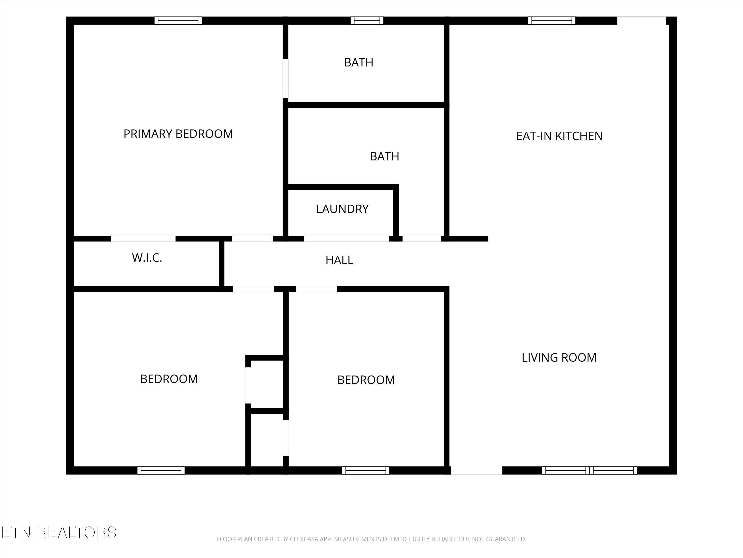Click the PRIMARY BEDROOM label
tap(178, 134)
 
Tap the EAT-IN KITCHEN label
tap(559, 136)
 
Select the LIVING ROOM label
tap(559, 357)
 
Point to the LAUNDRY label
tap(342, 209)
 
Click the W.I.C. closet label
tap(147, 258)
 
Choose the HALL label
tap(339, 260)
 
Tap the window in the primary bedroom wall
tap(178, 21)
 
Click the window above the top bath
tap(367, 21)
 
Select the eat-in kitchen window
tap(552, 21)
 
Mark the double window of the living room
tap(589, 470)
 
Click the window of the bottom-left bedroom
tap(161, 470)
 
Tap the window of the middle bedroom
tap(366, 470)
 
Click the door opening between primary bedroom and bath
tap(286, 78)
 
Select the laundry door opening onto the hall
tap(346, 239)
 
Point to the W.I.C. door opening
tap(143, 239)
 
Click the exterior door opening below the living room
tap(476, 470)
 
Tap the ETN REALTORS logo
tap(59, 532)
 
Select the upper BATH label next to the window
tap(359, 62)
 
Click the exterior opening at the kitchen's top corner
tap(641, 21)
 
